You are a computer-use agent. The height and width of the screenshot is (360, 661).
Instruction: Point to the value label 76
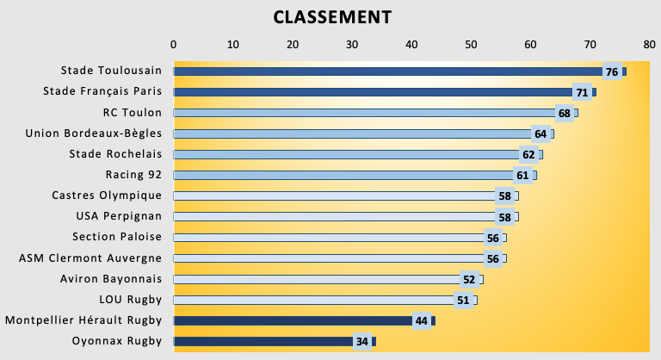(x=612, y=71)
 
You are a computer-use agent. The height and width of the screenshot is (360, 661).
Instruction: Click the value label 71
(x=582, y=92)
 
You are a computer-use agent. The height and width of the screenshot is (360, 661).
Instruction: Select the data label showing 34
(x=362, y=342)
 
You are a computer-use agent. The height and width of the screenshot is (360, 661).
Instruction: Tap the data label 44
(x=422, y=321)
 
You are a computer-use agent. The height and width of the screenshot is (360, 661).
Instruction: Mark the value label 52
(x=469, y=279)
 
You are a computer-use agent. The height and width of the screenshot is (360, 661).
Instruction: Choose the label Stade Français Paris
(x=102, y=91)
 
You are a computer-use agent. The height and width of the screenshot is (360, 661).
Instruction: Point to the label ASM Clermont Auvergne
(x=90, y=258)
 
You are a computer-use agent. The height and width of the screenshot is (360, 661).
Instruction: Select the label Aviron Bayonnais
(x=111, y=279)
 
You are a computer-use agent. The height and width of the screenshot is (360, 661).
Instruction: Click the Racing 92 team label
(x=133, y=175)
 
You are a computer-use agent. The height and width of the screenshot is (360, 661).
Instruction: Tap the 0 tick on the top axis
(x=174, y=44)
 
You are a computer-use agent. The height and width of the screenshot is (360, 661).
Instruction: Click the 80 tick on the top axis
(x=649, y=44)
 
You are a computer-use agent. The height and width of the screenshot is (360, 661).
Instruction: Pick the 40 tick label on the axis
(x=411, y=44)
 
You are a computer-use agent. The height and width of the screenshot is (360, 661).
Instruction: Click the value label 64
(x=541, y=133)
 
